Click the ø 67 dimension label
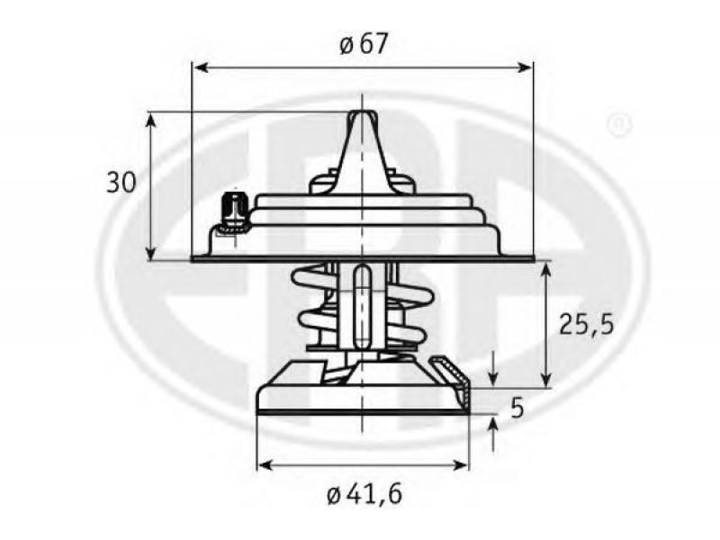364,43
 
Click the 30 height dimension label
121,183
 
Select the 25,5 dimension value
587,325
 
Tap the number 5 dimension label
517,408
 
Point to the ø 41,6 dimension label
364,494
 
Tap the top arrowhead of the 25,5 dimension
545,271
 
